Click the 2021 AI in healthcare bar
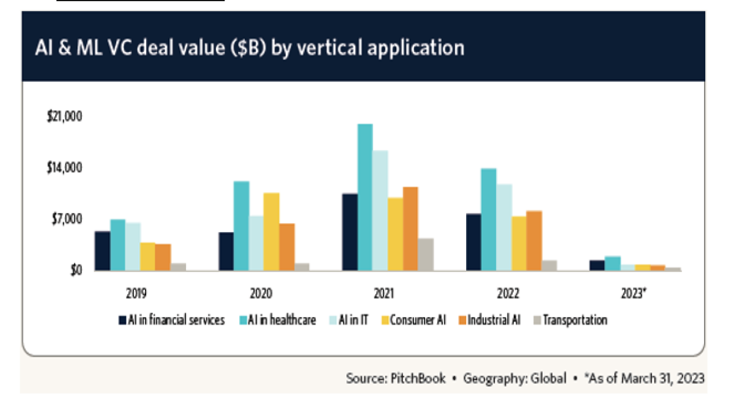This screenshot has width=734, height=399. coord(365,197)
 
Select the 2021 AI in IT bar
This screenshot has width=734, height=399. coord(380,210)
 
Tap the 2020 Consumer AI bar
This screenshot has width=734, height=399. coord(271,232)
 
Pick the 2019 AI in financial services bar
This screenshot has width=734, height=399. coord(103,251)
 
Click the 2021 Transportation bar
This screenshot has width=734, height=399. coord(426,254)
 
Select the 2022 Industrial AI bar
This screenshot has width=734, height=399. coord(534,240)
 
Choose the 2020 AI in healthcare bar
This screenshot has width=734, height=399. coord(241,225)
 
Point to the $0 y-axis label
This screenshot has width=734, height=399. coord(73,270)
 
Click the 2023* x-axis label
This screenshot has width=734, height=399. coord(634,293)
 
